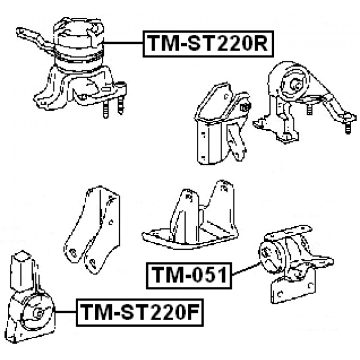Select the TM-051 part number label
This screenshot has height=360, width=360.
[x=188, y=275]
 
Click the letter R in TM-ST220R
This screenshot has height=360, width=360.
[x=260, y=43]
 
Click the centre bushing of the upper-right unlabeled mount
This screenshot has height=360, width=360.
[x=294, y=84]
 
